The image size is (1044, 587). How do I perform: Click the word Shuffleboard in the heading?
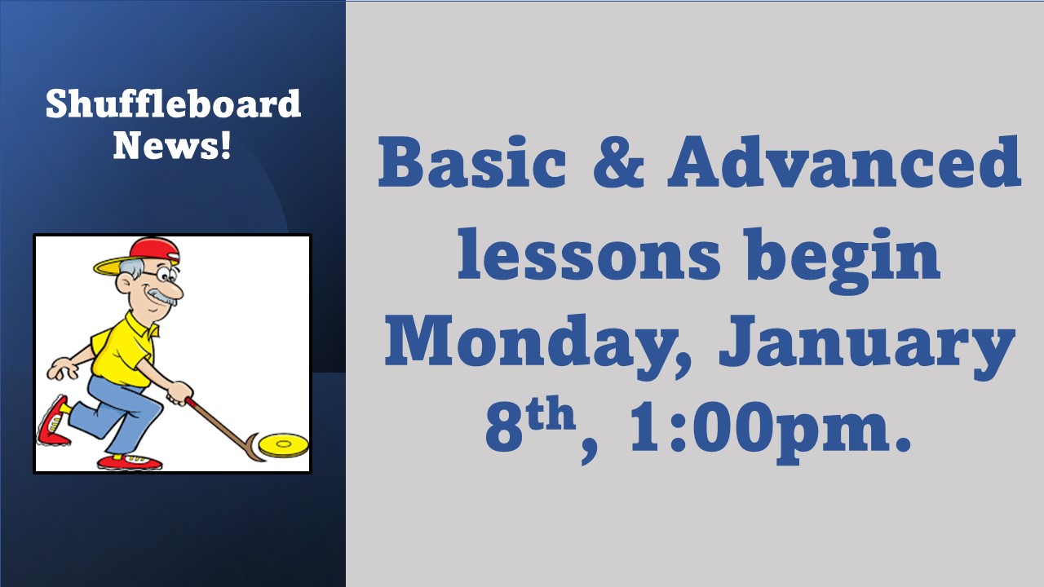(x=173, y=104)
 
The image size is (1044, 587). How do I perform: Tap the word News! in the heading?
(x=172, y=145)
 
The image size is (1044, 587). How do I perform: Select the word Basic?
(x=471, y=161)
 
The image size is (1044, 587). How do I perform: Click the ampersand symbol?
(x=618, y=161)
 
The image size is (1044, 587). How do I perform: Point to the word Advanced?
(x=844, y=161)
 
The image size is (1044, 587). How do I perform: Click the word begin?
(x=842, y=261)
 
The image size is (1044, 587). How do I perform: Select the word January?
(x=867, y=347)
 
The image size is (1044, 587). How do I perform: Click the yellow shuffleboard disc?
(x=283, y=445)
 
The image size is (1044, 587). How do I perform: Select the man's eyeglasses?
(x=161, y=275)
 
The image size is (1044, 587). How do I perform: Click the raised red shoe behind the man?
(x=52, y=421)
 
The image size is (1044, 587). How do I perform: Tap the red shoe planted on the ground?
(x=130, y=462)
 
